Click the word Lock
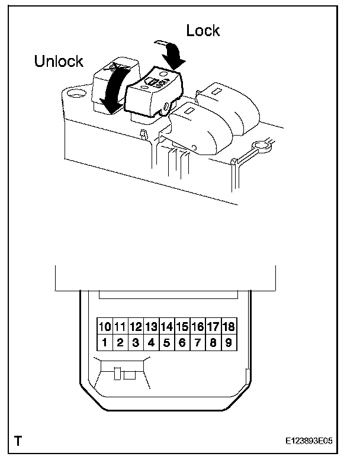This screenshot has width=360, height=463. [203, 30]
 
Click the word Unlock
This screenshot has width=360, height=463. [59, 62]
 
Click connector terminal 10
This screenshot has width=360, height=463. [105, 326]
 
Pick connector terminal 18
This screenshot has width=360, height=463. [228, 326]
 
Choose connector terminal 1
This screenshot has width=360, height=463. [105, 342]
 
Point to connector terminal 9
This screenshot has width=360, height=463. [228, 342]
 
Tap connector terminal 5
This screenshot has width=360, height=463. [166, 342]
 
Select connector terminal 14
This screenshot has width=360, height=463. [166, 326]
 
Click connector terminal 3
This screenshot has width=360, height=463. [136, 342]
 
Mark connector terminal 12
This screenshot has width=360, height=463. [136, 326]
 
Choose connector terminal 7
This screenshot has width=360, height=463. [197, 342]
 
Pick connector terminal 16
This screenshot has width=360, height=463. [197, 326]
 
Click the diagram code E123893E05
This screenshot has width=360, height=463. [319, 442]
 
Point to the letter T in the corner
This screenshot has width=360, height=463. [19, 441]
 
